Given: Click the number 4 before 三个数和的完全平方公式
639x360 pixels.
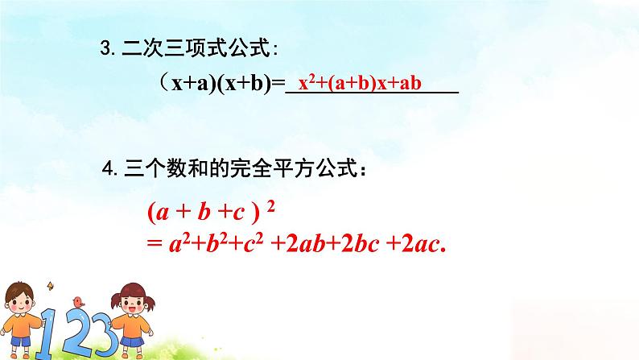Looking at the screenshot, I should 109,170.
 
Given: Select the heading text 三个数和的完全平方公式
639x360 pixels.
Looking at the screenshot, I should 242,170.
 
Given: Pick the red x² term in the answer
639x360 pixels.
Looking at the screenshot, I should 305,83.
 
